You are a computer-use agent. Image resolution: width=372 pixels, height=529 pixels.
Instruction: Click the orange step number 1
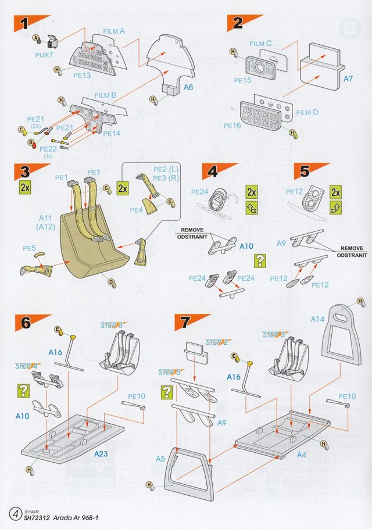point(24,24)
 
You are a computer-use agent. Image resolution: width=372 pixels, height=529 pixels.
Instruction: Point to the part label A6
point(189,87)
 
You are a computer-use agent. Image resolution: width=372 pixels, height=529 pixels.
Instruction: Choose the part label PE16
point(232,125)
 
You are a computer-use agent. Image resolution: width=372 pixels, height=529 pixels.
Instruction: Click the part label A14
point(317,319)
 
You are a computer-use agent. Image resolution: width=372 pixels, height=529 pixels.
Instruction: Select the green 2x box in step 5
point(335,192)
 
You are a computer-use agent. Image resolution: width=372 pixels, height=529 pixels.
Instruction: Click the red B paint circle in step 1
point(30,142)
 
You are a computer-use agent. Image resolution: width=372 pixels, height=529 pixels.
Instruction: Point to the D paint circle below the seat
point(110,283)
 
